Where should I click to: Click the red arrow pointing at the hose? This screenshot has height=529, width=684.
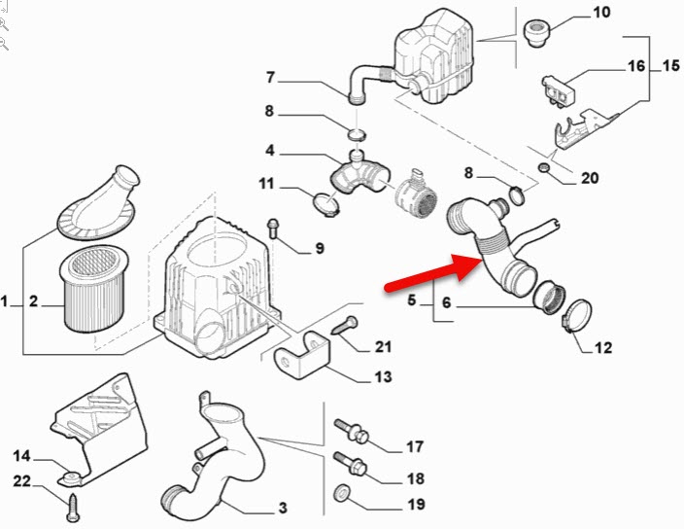coord(427,273)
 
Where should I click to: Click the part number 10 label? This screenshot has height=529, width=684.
coord(600,13)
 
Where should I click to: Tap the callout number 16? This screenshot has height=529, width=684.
coord(635,66)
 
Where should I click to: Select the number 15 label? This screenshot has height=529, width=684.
coord(670,66)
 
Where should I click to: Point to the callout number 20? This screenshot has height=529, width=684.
coord(590,178)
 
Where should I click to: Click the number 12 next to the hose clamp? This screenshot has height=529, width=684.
coord(603,347)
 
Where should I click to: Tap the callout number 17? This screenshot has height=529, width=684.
coord(415,447)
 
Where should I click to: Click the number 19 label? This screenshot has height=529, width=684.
coord(415,505)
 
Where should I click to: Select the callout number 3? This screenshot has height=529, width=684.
coord(282,508)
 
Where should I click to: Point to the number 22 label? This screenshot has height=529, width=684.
coord(20,481)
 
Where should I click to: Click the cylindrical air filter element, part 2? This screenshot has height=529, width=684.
coord(87,290)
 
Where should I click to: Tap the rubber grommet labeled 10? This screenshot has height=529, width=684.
coord(535,32)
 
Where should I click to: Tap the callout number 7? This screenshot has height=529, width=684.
coord(270,78)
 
